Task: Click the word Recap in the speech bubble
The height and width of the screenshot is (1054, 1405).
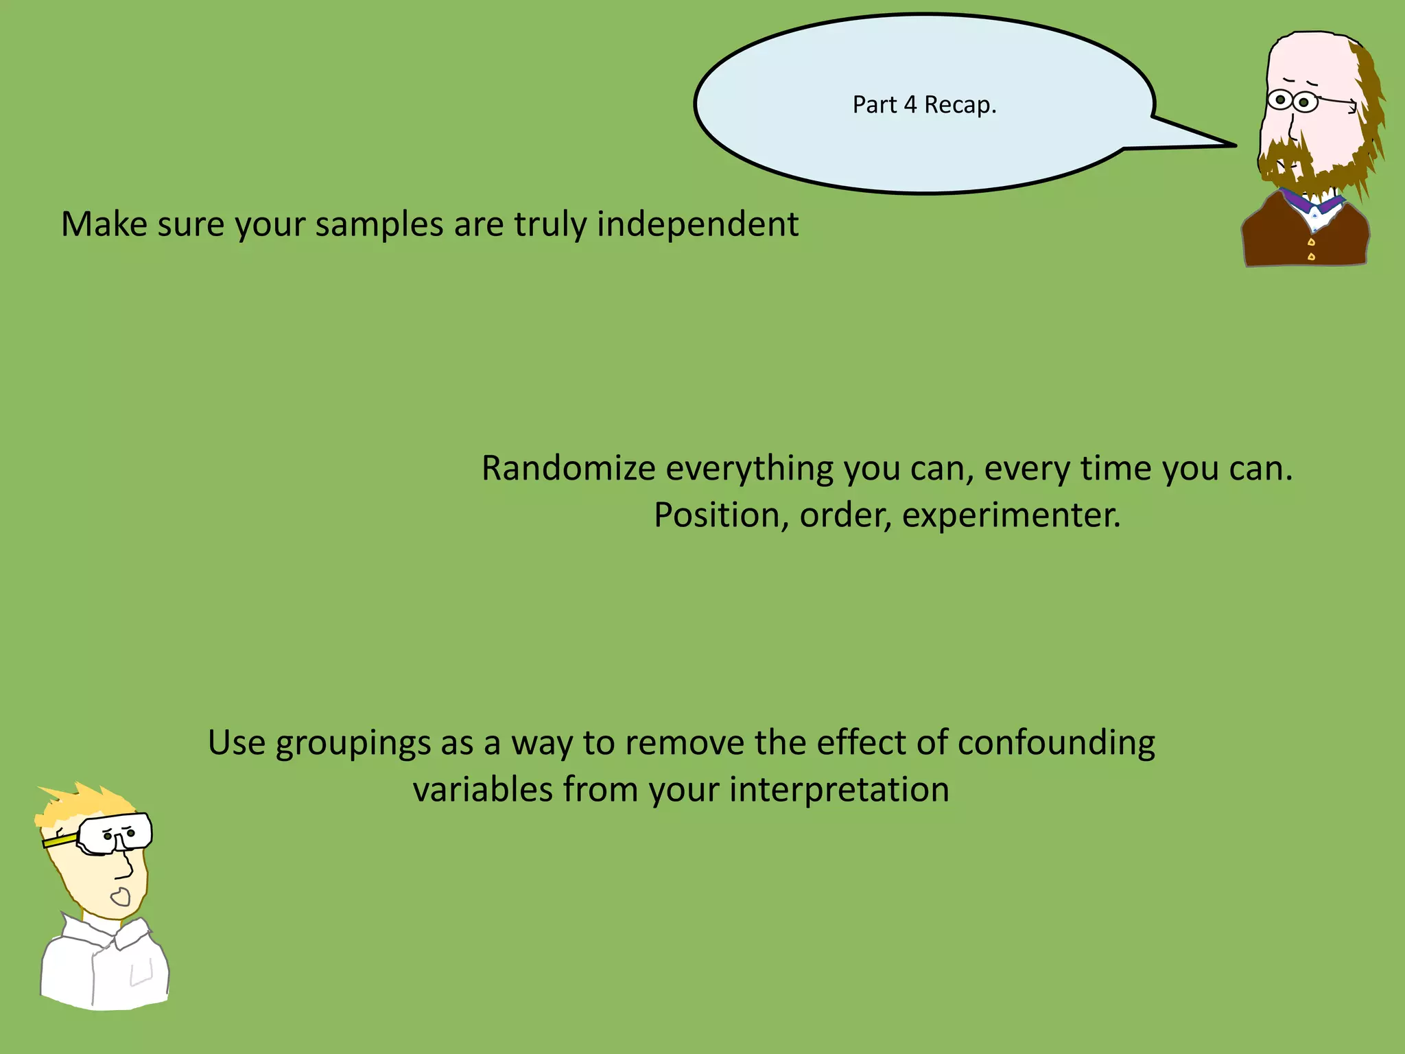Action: (960, 105)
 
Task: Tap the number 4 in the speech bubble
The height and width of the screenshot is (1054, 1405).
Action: (910, 105)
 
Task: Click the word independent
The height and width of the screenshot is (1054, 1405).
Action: (698, 224)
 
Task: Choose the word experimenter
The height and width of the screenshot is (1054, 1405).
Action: (1011, 515)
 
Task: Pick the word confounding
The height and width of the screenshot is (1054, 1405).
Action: (1056, 744)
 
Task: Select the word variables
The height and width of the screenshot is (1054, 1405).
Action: (482, 790)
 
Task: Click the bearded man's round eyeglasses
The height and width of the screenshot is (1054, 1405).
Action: (1292, 102)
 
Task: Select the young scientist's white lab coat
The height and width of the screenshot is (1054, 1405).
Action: (103, 968)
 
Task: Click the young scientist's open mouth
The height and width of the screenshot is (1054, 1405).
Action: (121, 896)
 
